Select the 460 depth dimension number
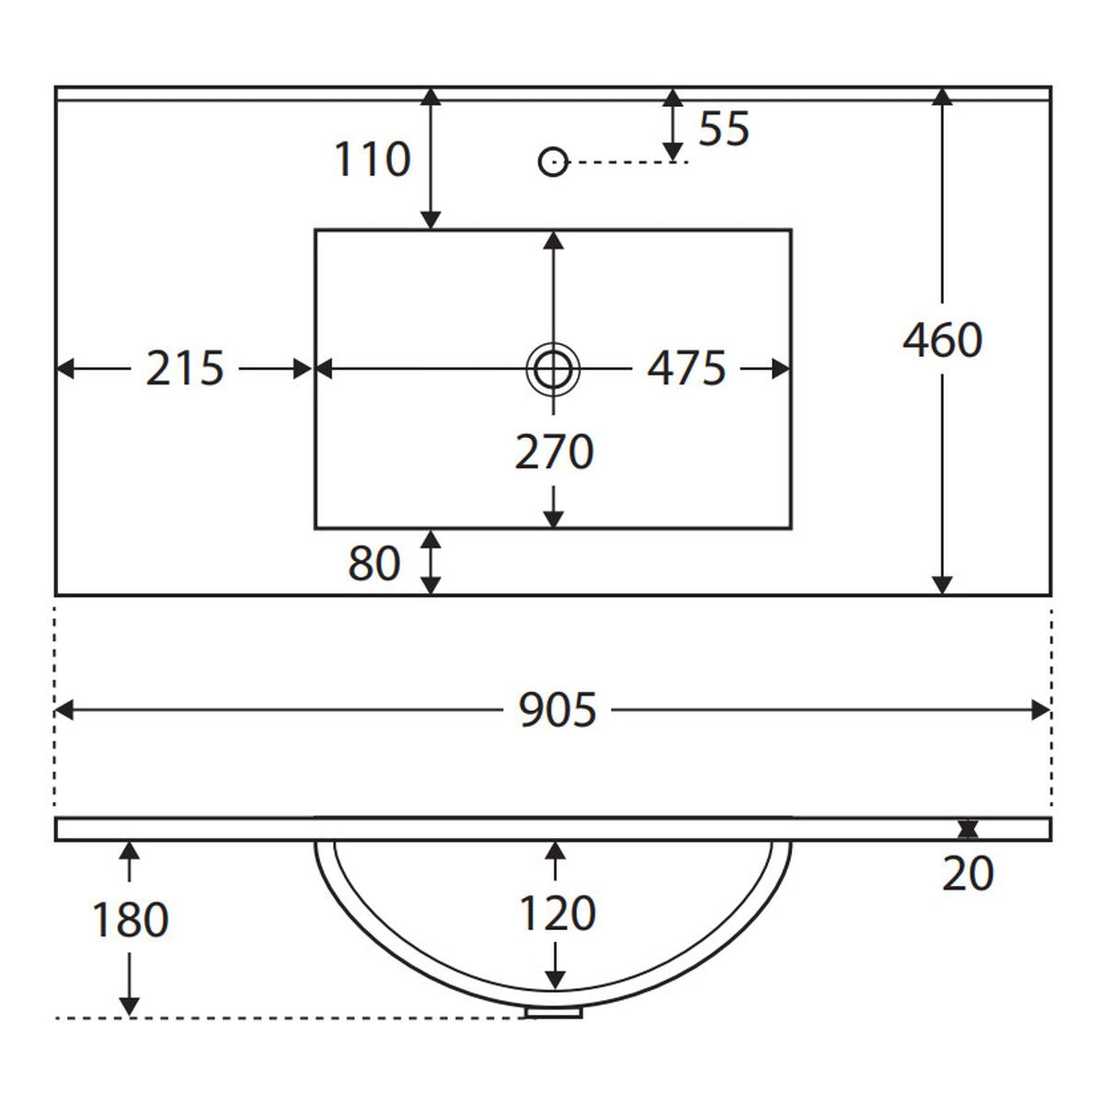click(942, 340)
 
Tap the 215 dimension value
click(185, 369)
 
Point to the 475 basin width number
click(686, 369)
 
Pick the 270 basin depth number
click(554, 452)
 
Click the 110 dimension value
click(372, 160)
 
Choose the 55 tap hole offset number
click(724, 129)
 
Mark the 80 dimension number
click(374, 563)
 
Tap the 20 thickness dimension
click(967, 872)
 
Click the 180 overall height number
click(130, 919)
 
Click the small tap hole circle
click(552, 162)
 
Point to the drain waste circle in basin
click(553, 369)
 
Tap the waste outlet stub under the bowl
click(554, 1012)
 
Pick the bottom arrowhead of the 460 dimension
click(942, 585)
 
